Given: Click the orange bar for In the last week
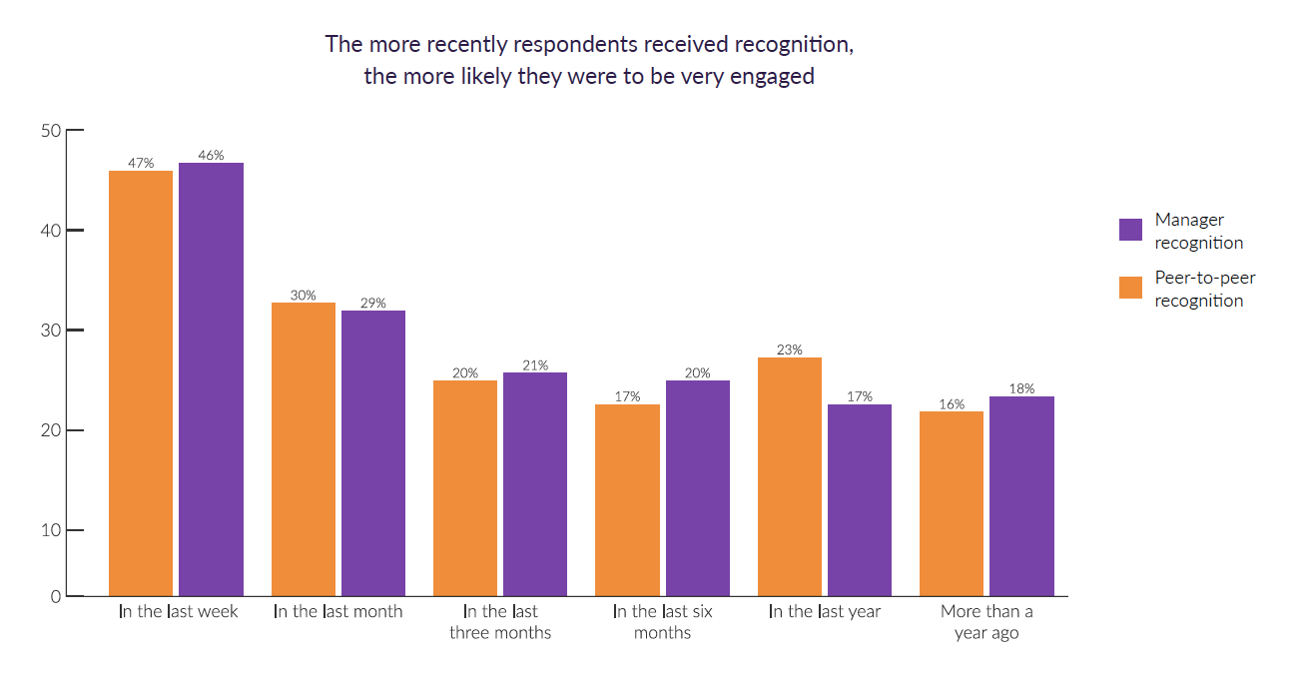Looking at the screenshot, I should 141,383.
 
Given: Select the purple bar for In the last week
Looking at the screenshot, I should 211,379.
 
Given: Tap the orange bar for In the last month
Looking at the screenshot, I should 304,449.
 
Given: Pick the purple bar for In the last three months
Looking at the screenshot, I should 535,484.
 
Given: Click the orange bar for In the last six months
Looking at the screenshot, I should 627,500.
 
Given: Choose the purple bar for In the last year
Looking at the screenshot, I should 860,500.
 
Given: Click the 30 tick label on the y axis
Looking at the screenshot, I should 51,331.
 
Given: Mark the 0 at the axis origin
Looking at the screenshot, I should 56,597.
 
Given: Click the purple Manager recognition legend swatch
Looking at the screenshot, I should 1130,230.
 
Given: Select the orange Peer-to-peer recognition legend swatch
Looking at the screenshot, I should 1130,288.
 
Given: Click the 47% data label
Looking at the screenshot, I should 141,163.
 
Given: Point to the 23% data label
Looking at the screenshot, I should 790,349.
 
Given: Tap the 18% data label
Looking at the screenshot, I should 1021,388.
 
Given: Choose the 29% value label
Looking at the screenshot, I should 373,303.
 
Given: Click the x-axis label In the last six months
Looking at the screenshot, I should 662,622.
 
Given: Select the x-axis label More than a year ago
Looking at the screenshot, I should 986,622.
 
